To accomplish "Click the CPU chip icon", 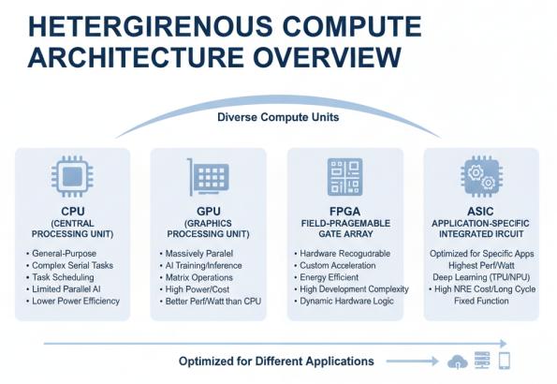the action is click(x=72, y=176).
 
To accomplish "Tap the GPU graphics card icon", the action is click(x=208, y=177).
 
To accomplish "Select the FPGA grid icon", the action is click(x=344, y=177).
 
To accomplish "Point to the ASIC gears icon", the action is click(x=481, y=176).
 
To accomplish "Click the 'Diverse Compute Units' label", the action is click(x=278, y=117).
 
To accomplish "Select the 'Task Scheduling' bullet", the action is click(x=63, y=277).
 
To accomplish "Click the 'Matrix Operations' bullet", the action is click(x=198, y=277).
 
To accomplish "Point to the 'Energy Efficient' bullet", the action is click(x=329, y=277).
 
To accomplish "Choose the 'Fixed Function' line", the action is click(x=481, y=301).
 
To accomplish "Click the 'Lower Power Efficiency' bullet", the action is click(x=76, y=302).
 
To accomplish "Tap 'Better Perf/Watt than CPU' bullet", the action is click(x=213, y=302).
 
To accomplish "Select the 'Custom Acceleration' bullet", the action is click(x=337, y=266).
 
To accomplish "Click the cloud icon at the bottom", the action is click(x=457, y=362).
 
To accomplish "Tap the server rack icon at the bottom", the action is click(x=482, y=361).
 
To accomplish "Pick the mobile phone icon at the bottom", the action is click(x=505, y=361).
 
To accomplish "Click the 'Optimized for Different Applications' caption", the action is click(x=276, y=362).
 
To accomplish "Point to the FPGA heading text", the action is click(x=344, y=212).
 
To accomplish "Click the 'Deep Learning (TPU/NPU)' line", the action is click(x=481, y=277).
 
